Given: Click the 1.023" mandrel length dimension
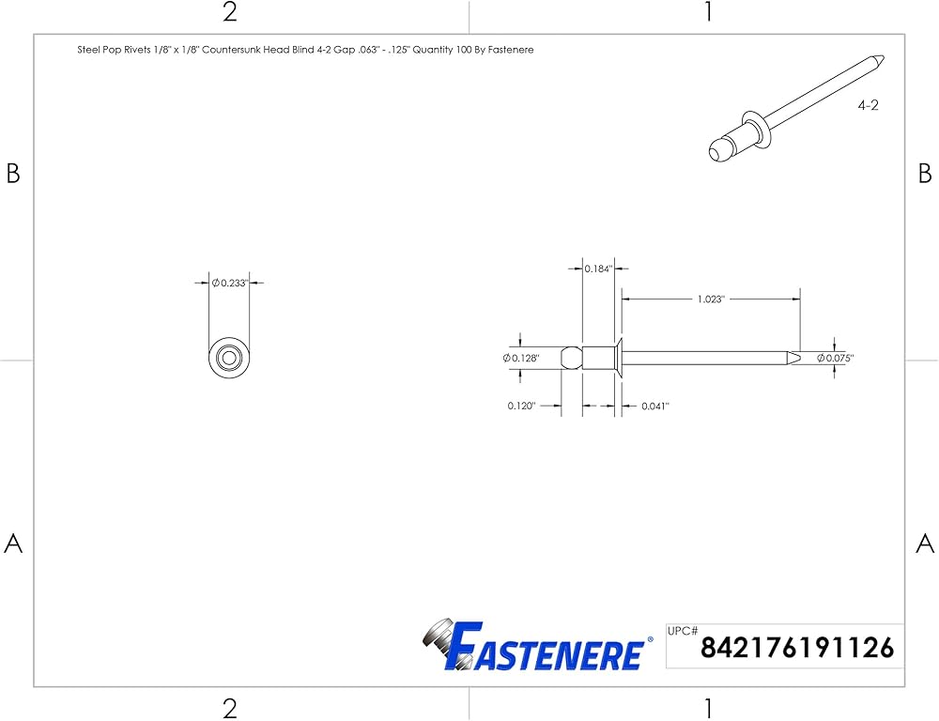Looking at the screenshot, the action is point(710,299).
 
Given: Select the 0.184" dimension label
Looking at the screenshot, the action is point(597,268).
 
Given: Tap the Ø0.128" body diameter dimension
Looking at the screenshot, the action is point(521,358).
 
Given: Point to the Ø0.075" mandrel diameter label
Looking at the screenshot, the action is point(836,358).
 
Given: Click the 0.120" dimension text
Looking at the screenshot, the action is point(521,406).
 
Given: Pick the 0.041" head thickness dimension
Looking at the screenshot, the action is point(655,406).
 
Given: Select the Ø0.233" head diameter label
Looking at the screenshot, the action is point(230,283).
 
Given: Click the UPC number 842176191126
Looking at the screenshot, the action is point(797,648).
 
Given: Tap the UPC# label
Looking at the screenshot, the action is point(683,631).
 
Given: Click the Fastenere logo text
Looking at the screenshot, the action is point(545,647).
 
